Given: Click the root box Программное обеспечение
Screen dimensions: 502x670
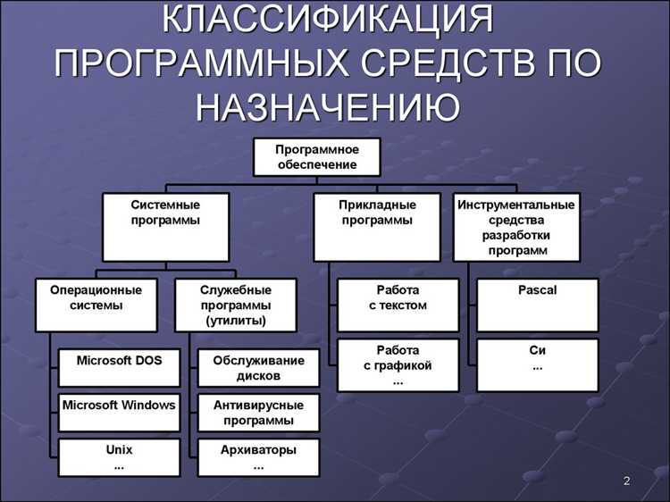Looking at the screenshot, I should coord(316,156).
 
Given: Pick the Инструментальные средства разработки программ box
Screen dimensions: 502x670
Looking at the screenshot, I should coord(516,227).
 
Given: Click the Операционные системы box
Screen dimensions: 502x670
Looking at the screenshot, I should coord(96,305).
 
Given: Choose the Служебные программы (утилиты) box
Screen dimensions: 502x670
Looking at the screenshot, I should coord(235,305).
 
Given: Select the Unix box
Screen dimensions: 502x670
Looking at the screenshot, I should coord(120,456).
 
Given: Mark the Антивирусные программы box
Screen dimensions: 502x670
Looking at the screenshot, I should coord(258,413).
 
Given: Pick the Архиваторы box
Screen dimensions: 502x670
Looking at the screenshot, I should coord(258,456).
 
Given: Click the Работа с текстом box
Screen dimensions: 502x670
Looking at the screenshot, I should coord(398,305).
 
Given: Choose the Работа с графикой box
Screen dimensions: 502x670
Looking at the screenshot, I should coord(398,364).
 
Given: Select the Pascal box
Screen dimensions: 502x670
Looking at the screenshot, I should coord(537,305).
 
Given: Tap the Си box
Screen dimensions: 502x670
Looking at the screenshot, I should coord(537,364).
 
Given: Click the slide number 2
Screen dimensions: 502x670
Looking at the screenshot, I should coord(626,482).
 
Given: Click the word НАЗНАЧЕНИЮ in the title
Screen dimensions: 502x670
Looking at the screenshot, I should coord(328,106).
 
